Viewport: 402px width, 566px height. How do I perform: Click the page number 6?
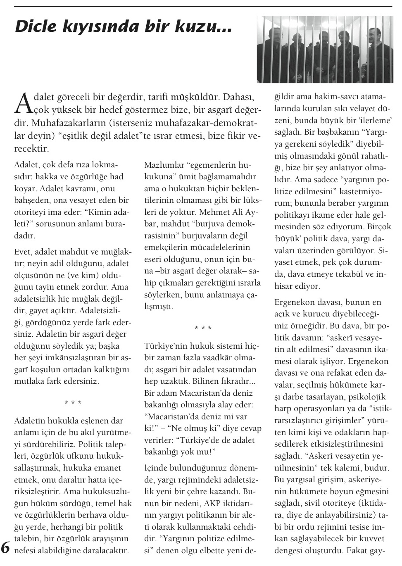(x=6, y=547)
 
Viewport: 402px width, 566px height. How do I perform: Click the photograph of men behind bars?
(x=325, y=50)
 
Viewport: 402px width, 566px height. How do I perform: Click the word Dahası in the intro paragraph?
(x=238, y=98)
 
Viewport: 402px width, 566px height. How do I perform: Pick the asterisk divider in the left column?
(x=73, y=403)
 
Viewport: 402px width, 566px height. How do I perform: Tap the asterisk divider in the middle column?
(x=203, y=328)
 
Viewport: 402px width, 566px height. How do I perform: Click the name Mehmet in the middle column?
(x=215, y=212)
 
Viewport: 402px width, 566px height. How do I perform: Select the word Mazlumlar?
(x=164, y=165)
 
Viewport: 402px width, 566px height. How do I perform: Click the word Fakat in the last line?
(x=358, y=550)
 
